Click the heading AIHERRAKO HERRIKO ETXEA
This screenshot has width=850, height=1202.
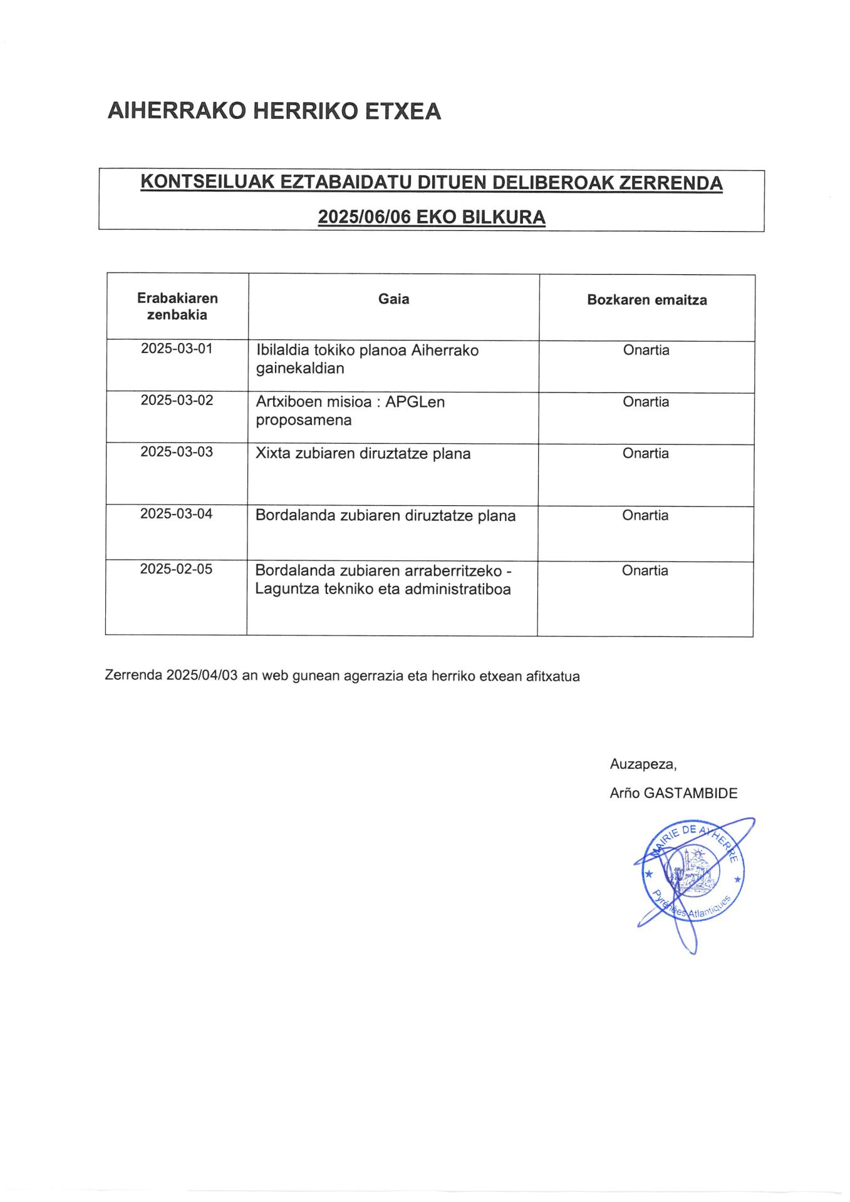click(x=274, y=111)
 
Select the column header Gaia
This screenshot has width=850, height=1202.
click(x=393, y=299)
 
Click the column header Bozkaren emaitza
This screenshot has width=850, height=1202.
click(x=646, y=300)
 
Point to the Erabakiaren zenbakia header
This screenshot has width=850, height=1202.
click(x=177, y=307)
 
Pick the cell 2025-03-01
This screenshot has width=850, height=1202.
click(x=177, y=349)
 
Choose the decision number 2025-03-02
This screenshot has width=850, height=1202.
click(x=177, y=400)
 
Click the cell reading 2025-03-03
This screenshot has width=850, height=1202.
click(x=177, y=452)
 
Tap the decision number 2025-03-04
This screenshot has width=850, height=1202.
click(x=176, y=514)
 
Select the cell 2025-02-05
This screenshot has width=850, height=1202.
click(x=176, y=569)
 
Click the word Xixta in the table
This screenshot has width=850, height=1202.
click(x=273, y=454)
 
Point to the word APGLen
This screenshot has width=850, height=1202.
click(x=415, y=402)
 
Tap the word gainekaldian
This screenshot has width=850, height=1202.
click(x=300, y=369)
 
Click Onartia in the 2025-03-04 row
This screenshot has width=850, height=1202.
click(x=645, y=515)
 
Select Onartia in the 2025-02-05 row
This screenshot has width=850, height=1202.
click(x=645, y=570)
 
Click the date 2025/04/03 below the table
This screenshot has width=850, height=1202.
click(x=202, y=677)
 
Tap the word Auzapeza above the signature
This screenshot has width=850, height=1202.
click(x=643, y=764)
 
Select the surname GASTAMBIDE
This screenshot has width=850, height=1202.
click(x=690, y=794)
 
